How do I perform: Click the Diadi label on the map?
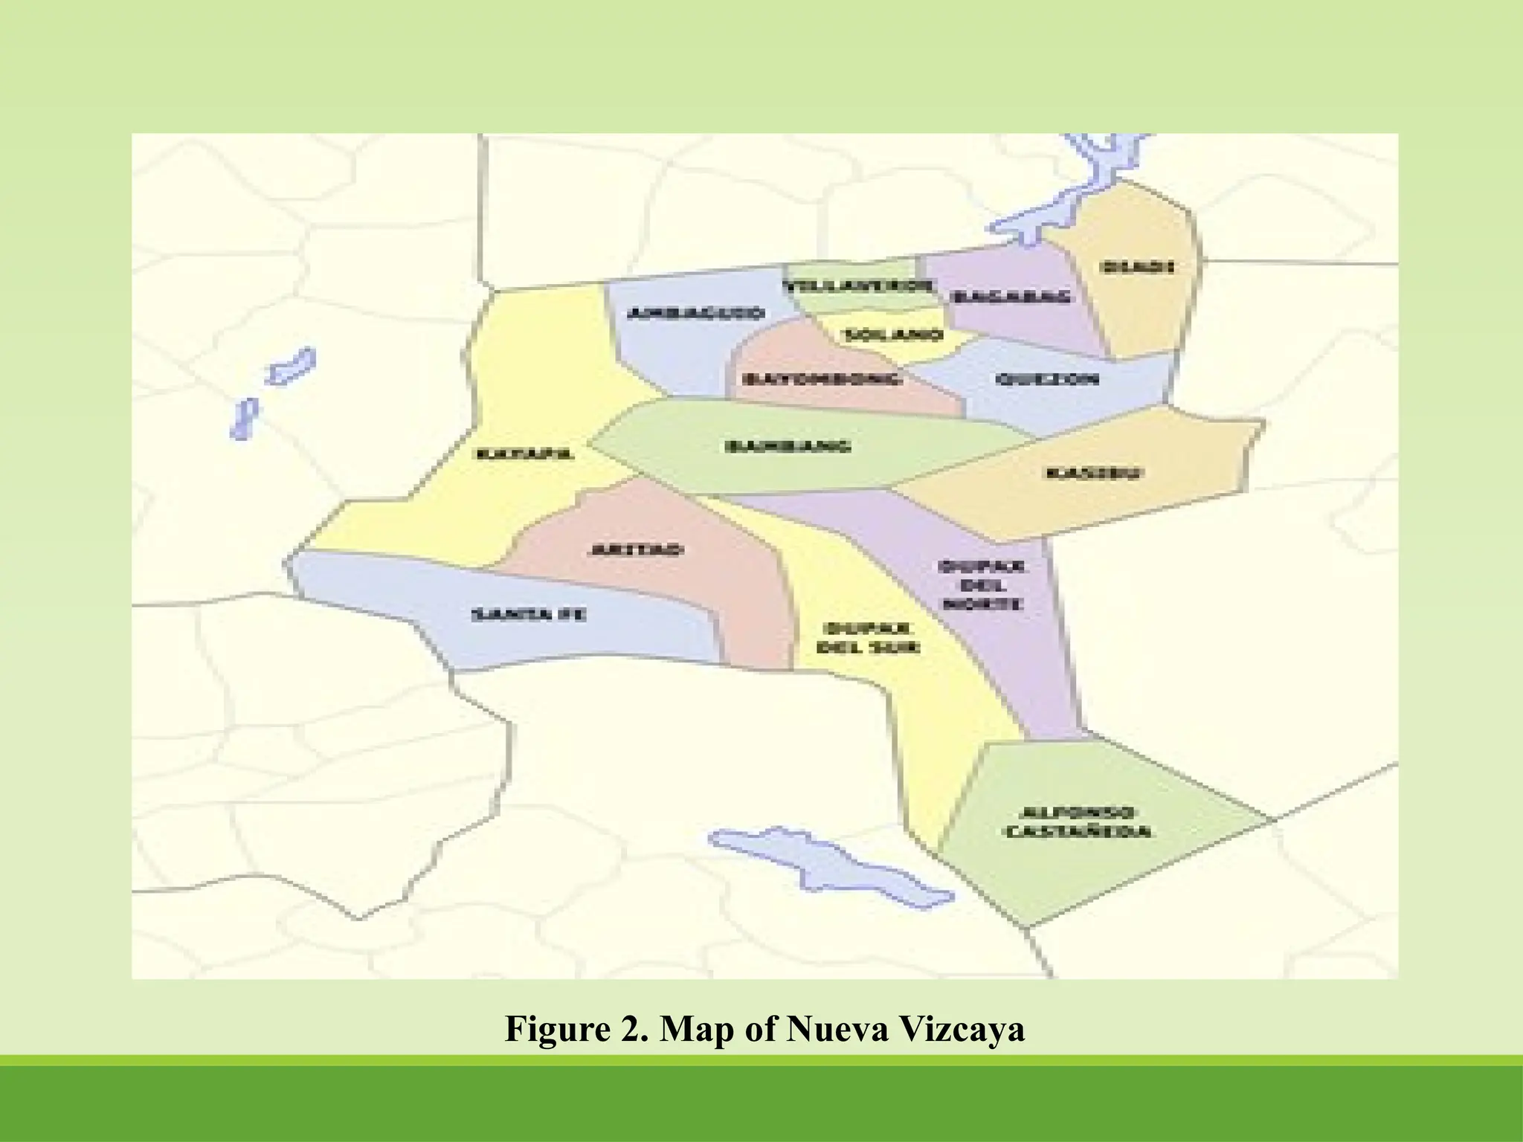click(x=1137, y=266)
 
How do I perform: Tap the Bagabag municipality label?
click(x=1012, y=297)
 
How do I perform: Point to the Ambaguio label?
click(x=695, y=313)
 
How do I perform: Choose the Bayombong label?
click(x=821, y=379)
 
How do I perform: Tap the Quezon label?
click(x=1047, y=379)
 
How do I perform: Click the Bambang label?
click(x=788, y=447)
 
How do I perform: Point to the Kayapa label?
click(x=525, y=454)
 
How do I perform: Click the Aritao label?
click(x=636, y=550)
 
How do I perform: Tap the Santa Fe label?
click(x=529, y=615)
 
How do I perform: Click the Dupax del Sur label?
click(x=868, y=638)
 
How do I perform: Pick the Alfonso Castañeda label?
click(x=1078, y=822)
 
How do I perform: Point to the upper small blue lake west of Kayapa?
click(x=292, y=367)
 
